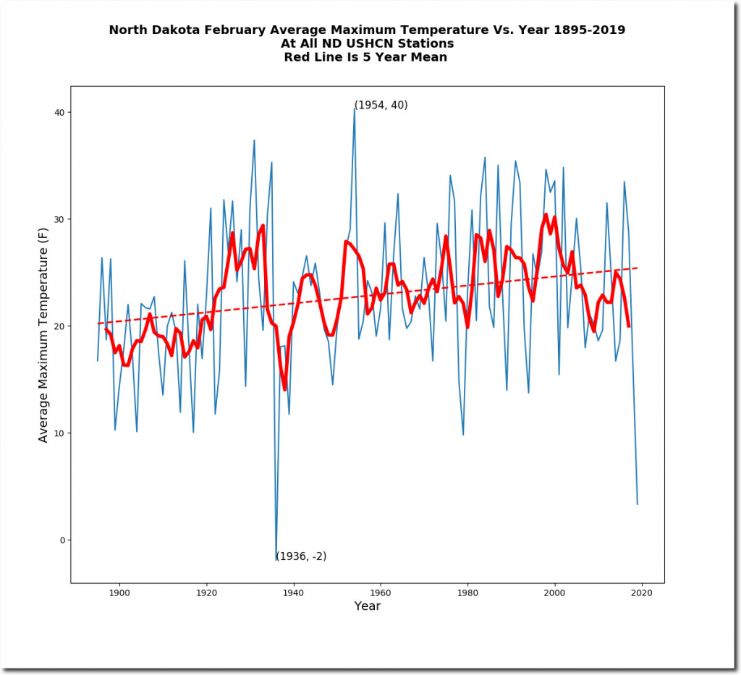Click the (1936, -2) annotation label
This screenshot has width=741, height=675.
[x=301, y=556]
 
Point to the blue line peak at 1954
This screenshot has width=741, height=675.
[x=354, y=109]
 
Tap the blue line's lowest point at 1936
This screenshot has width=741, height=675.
[x=276, y=560]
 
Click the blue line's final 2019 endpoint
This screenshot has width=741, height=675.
[x=638, y=504]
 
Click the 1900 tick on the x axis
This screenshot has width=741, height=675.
[x=119, y=593]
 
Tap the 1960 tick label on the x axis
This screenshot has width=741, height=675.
[x=381, y=593]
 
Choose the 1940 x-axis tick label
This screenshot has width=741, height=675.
[x=293, y=593]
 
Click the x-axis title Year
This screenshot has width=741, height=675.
[x=367, y=606]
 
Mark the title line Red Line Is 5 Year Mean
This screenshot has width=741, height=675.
[x=366, y=57]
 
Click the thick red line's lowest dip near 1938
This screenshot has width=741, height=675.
[x=284, y=389]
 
